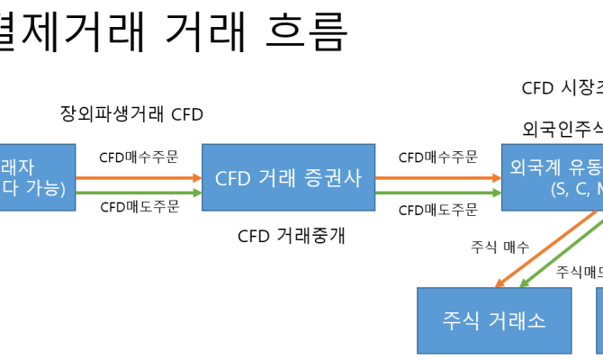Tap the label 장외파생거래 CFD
pyautogui.click(x=132, y=114)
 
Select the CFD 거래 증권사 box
pyautogui.click(x=288, y=176)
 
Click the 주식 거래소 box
pyautogui.click(x=494, y=320)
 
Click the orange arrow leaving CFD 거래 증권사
pyautogui.click(x=438, y=176)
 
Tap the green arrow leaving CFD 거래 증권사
pyautogui.click(x=438, y=192)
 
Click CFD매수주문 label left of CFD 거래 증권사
pyautogui.click(x=139, y=157)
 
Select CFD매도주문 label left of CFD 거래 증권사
pyautogui.click(x=139, y=208)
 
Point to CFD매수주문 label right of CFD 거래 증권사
pyautogui.click(x=438, y=157)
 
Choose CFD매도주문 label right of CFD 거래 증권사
pyautogui.click(x=438, y=210)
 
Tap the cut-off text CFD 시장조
pyautogui.click(x=562, y=88)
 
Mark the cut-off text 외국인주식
pyautogui.click(x=562, y=129)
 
